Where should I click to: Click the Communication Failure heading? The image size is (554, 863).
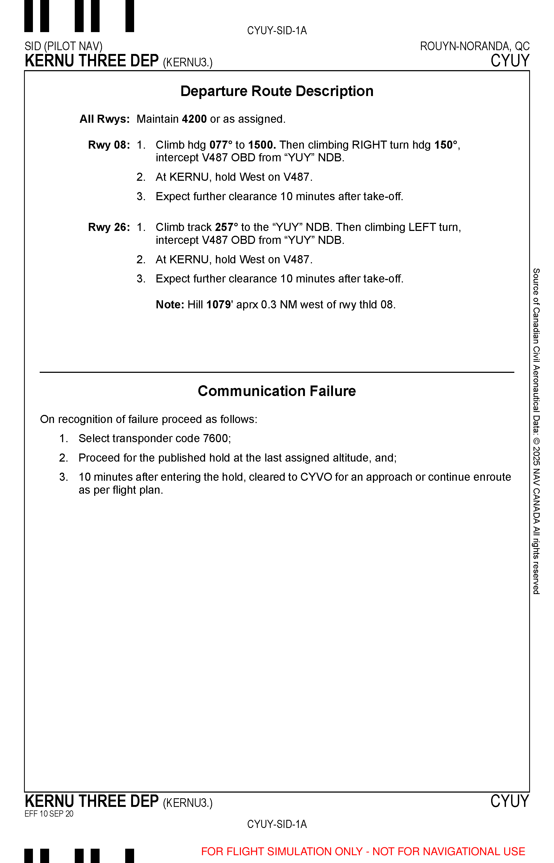tap(277, 391)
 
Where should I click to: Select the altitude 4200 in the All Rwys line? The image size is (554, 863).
tap(194, 119)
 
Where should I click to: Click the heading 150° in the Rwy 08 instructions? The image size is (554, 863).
tap(446, 145)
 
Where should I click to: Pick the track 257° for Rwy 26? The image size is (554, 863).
tap(227, 227)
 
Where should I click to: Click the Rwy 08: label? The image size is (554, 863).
tap(109, 145)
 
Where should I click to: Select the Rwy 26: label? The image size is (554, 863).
tap(109, 227)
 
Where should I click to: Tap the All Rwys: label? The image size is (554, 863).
tap(105, 119)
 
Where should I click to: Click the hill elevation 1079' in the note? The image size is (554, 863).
tap(219, 305)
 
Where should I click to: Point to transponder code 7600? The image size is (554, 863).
tap(216, 438)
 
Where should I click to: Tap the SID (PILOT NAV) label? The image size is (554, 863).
tap(64, 46)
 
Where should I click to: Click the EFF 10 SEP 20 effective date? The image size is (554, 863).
tap(49, 814)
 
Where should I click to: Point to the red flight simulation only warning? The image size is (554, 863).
tap(363, 851)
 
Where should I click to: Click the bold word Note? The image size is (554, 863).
tap(170, 305)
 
